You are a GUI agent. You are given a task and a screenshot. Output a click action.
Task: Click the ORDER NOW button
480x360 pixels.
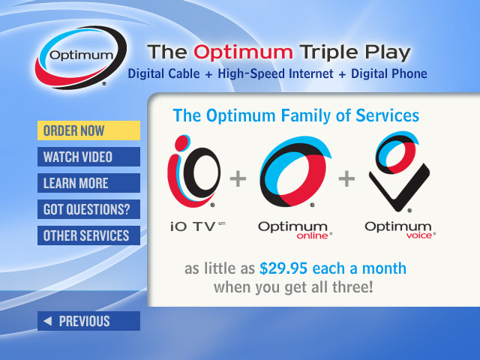pos(88,130)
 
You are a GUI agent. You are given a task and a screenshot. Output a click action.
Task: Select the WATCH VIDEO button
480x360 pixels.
pos(88,157)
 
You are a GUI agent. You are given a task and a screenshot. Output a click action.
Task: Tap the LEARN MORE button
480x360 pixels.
pos(88,183)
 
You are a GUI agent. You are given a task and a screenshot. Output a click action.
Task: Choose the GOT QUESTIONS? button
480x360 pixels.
pos(88,209)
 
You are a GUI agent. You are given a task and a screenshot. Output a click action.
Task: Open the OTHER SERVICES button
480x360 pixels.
pos(88,235)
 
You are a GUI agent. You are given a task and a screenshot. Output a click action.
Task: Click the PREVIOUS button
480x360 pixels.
pos(88,321)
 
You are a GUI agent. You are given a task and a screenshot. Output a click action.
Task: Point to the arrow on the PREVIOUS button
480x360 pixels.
pos(48,321)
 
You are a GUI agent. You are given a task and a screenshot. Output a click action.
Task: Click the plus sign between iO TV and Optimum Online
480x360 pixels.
pos(238,178)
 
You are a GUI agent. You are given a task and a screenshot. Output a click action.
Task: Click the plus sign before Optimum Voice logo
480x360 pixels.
pos(346,178)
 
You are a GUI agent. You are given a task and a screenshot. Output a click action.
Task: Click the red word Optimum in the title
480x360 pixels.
pos(242,52)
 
